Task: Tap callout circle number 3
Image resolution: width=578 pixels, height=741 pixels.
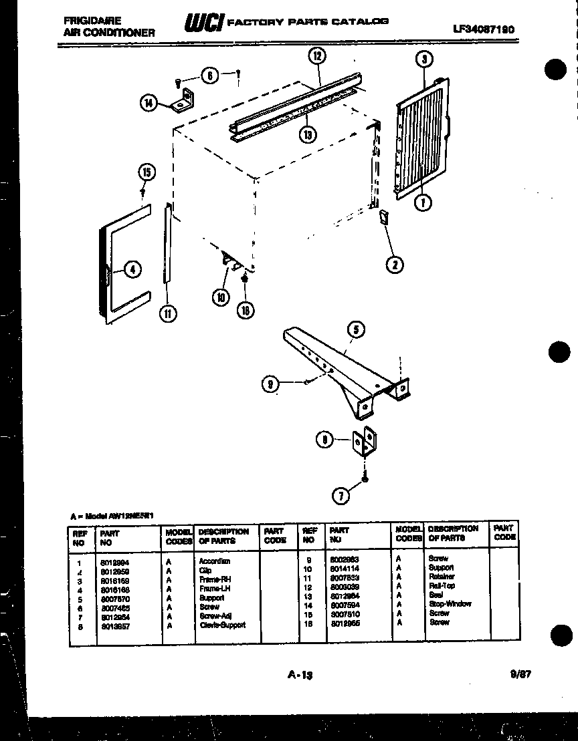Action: click(423, 60)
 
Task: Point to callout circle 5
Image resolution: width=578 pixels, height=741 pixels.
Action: click(355, 329)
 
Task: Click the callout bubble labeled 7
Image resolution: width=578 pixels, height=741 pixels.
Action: click(342, 495)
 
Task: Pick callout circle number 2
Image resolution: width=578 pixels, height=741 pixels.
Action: click(395, 265)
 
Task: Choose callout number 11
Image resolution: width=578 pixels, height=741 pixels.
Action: click(167, 313)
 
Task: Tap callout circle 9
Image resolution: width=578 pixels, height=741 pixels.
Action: click(271, 384)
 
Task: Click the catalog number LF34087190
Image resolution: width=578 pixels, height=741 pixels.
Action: click(486, 29)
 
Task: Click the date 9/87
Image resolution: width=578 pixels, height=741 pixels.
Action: click(520, 674)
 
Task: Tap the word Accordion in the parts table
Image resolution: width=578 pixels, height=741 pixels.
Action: click(214, 561)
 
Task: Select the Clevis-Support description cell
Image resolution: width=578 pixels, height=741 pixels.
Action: click(223, 625)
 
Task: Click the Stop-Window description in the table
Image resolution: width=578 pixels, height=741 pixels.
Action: click(450, 603)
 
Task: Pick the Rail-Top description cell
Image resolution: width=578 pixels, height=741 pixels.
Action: click(442, 585)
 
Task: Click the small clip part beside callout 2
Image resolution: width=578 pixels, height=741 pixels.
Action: click(383, 217)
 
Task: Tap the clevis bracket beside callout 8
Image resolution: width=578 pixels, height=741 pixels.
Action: click(367, 442)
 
